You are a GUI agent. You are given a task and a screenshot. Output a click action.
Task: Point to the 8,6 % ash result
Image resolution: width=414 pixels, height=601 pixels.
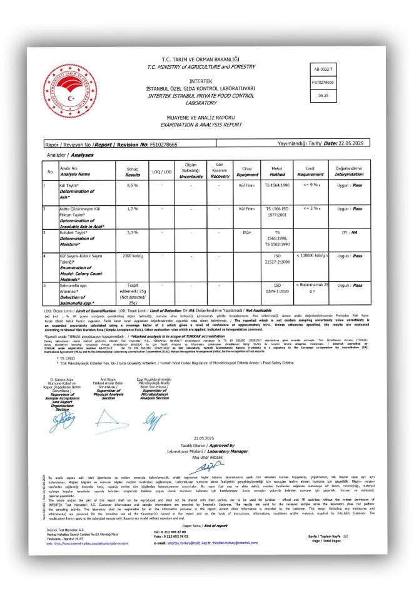click(132, 186)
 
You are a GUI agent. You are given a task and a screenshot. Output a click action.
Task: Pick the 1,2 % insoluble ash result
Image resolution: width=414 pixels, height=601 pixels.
click(132, 208)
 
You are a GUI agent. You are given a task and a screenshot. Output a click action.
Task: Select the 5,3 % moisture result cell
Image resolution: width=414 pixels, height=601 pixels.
click(132, 232)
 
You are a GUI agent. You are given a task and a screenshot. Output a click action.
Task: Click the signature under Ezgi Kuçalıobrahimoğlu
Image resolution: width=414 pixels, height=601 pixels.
click(152, 418)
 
